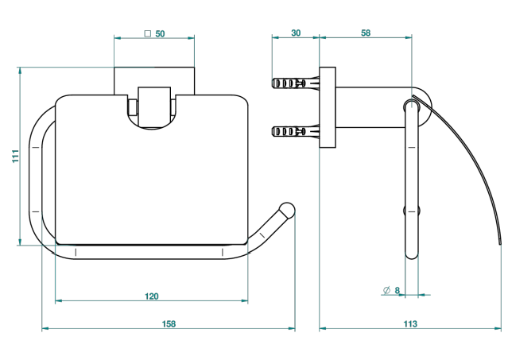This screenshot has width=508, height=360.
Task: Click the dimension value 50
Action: [160, 33]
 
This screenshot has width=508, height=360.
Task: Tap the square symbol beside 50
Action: [148, 33]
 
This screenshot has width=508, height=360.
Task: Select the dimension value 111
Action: [16, 156]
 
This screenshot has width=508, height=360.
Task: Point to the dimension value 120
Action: [152, 296]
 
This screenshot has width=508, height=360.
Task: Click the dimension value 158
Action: [169, 323]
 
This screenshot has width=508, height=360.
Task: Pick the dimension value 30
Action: [296, 33]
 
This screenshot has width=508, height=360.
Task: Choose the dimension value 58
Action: [366, 33]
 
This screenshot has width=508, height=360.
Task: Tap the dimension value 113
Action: [410, 323]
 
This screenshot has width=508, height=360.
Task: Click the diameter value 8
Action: [397, 290]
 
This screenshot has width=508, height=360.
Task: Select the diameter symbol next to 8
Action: [386, 290]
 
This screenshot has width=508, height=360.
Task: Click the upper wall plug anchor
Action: [296, 83]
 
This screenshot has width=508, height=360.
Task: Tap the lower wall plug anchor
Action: [296, 131]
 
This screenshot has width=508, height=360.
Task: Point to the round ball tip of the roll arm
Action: [287, 210]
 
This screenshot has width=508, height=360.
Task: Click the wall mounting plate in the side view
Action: [328, 107]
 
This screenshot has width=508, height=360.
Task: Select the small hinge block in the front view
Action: [154, 106]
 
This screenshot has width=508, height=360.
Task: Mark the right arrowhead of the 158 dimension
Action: [292, 328]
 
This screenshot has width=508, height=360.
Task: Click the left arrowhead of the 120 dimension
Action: [59, 300]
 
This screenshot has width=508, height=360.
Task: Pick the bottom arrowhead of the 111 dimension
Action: [20, 242]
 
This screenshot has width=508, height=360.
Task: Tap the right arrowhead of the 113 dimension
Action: [498, 328]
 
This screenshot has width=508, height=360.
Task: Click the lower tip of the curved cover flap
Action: [501, 243]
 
